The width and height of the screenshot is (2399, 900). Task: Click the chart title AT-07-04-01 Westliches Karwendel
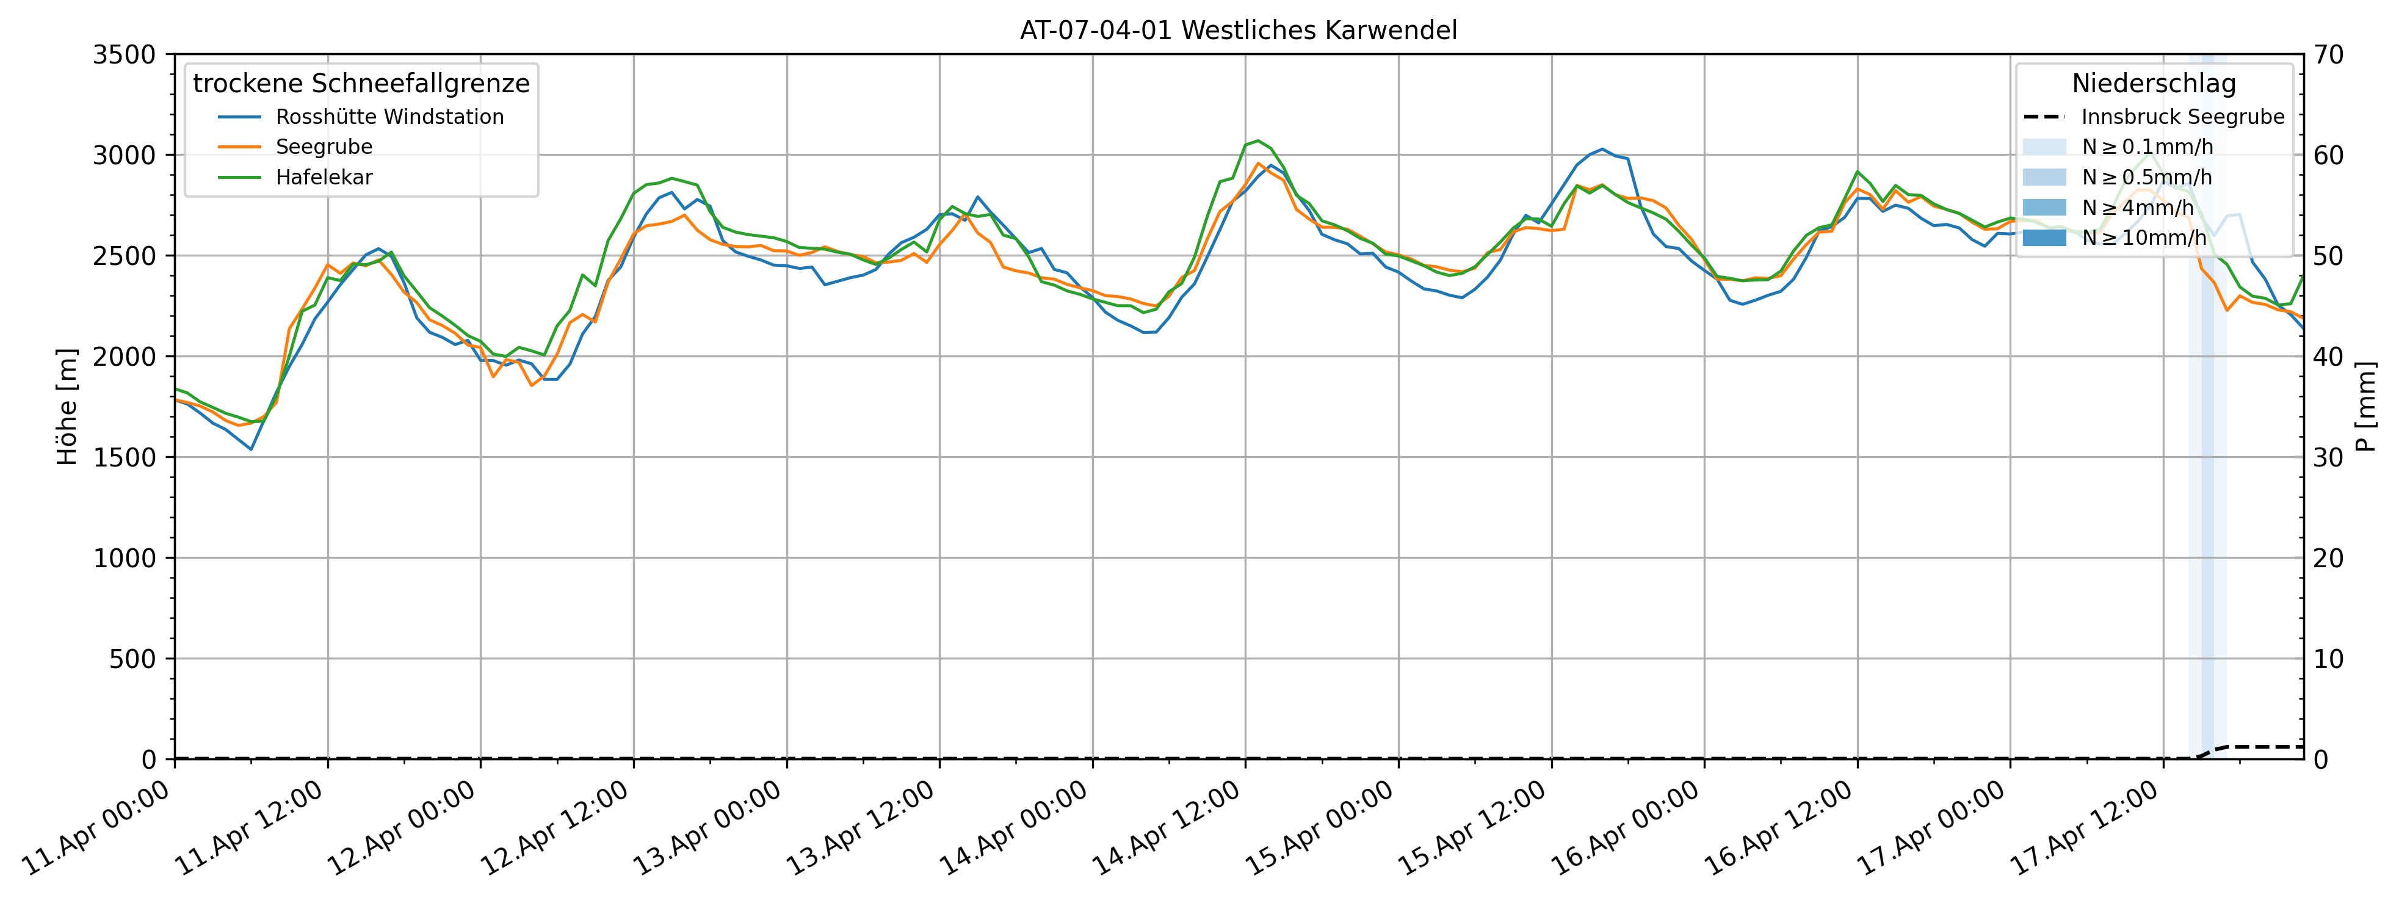click(1238, 31)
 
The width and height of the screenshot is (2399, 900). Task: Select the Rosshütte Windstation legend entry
click(389, 117)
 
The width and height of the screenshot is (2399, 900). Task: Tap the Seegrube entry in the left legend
click(323, 147)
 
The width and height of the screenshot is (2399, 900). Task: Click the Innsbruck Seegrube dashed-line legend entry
click(2182, 117)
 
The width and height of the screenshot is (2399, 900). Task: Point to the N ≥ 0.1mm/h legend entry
click(2147, 147)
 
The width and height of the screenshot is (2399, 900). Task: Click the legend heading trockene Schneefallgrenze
click(361, 84)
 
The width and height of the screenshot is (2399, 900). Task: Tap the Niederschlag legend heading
click(2153, 84)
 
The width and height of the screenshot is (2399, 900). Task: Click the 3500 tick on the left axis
click(124, 55)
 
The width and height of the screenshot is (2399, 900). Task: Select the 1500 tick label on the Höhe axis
click(124, 457)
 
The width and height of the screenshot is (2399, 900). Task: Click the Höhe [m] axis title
click(67, 407)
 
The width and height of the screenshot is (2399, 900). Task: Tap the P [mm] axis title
click(2367, 407)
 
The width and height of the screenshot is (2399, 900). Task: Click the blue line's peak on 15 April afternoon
click(1602, 149)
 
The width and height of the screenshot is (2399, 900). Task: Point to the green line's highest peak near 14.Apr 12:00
click(1258, 140)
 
